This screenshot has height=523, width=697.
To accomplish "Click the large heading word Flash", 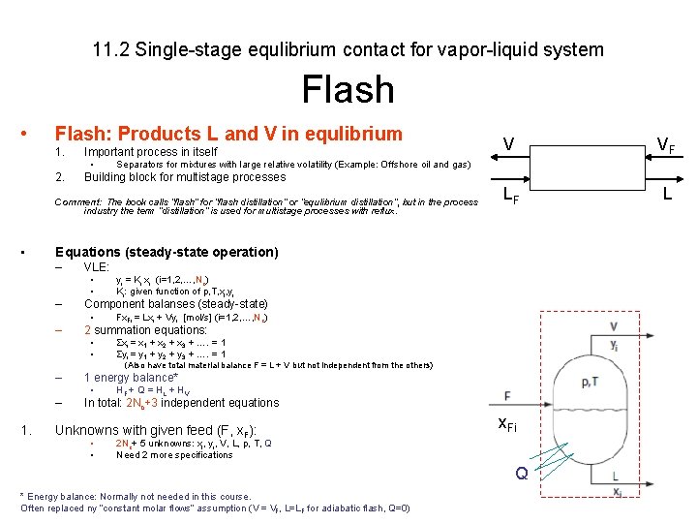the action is click(348, 90).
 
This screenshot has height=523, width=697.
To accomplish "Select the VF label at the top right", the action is click(665, 145).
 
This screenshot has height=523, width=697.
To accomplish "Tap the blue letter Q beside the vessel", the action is click(522, 475).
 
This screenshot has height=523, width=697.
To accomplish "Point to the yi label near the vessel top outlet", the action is click(615, 344).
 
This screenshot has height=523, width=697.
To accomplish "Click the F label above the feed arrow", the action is click(508, 395).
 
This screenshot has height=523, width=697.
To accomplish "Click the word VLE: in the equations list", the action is click(97, 266).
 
